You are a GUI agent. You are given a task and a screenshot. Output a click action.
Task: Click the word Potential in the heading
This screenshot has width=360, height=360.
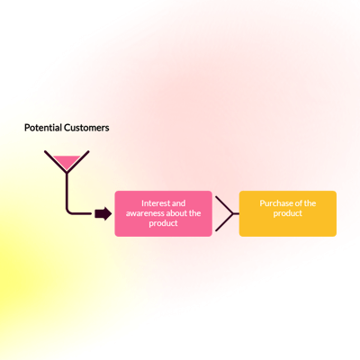coord(43,128)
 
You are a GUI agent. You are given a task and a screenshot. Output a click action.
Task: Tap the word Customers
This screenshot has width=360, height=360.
coord(86,128)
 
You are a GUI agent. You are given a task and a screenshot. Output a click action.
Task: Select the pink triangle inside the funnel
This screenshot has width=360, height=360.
coord(67,162)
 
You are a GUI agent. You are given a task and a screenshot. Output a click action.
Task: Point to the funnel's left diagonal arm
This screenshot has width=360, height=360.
coord(56,161)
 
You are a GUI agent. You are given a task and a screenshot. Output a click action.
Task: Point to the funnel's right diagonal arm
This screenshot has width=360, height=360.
coord(78,161)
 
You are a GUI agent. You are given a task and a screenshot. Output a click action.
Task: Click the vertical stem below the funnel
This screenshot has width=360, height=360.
coord(67,190)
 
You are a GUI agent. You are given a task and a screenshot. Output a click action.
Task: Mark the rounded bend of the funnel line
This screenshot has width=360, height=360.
coord(68,211)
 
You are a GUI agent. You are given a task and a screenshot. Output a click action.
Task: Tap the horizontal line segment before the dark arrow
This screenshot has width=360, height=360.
coord(82,213)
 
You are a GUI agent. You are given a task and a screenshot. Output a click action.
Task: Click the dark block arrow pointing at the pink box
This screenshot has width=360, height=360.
coord(103,214)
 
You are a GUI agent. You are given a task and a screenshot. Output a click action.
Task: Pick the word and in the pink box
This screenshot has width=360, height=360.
coord(179,203)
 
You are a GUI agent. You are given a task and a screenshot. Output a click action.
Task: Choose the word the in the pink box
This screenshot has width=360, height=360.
coord(195,213)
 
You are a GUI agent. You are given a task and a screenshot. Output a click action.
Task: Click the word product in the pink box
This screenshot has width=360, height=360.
coord(163,223)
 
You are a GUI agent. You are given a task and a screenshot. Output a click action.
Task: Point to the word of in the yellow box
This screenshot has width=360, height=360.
coord(299,203)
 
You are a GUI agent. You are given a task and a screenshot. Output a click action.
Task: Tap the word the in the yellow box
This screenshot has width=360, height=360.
coord(310,203)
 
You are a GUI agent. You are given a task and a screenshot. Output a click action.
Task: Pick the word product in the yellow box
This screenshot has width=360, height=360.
coord(288,213)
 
